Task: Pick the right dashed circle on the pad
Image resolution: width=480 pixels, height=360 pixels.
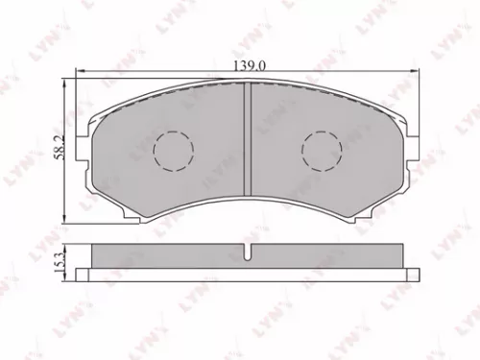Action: tap(322, 150)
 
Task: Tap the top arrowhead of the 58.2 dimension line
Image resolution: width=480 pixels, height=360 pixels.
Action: tap(64, 86)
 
